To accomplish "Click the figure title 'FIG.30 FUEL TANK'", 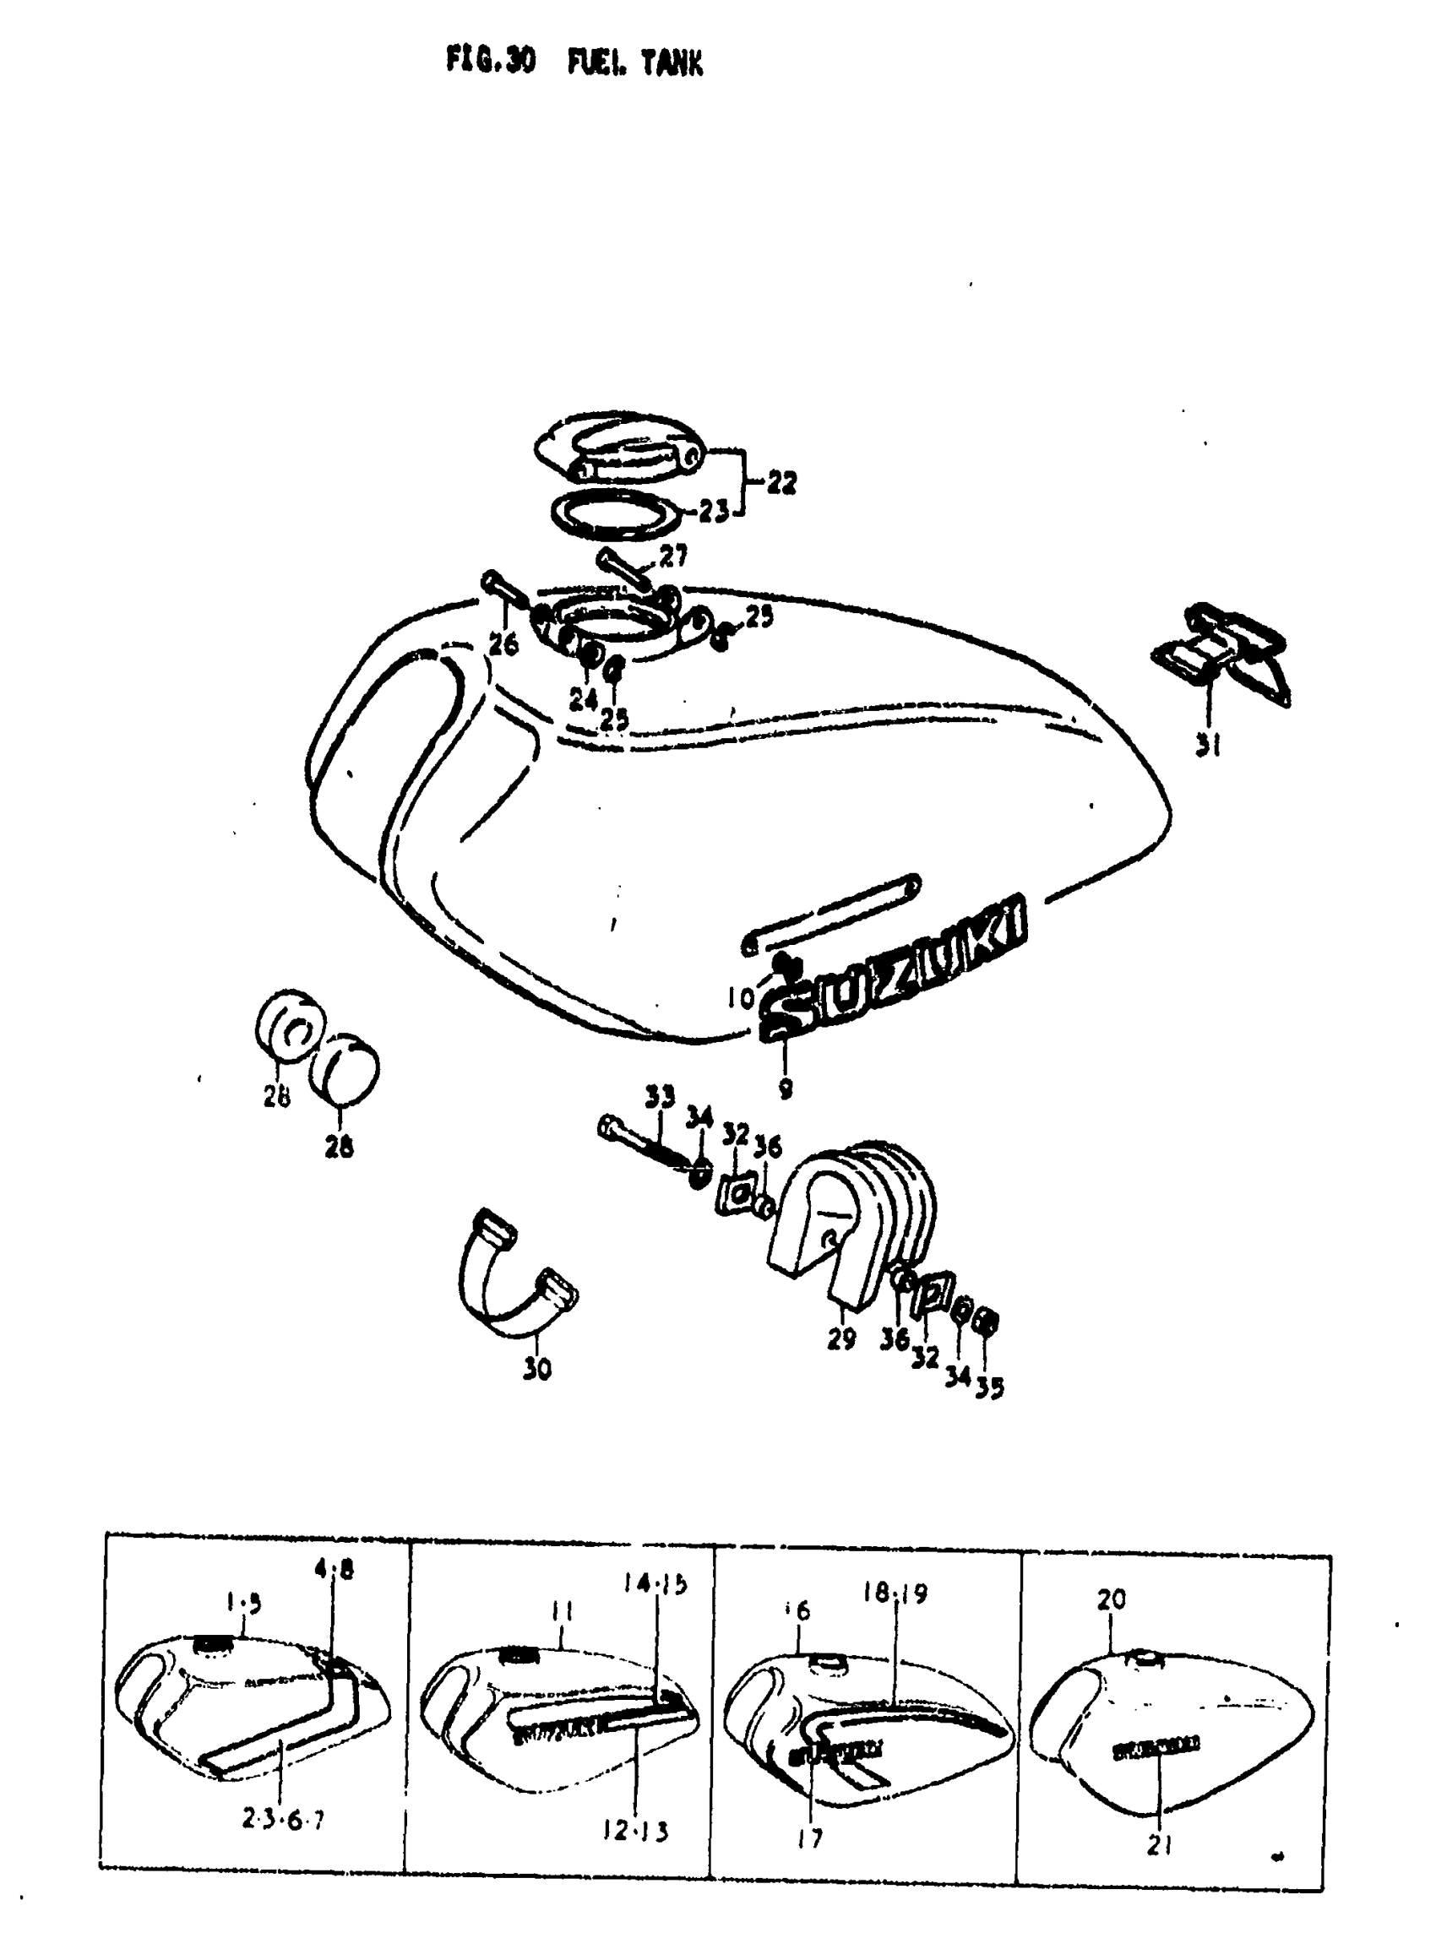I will tap(574, 62).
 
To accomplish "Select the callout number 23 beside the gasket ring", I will tap(713, 513).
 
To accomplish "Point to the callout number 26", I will tap(503, 644).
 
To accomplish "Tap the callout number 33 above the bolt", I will tap(660, 1097).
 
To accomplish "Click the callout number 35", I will tap(989, 1388).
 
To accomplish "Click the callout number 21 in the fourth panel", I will tap(1160, 1844).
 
